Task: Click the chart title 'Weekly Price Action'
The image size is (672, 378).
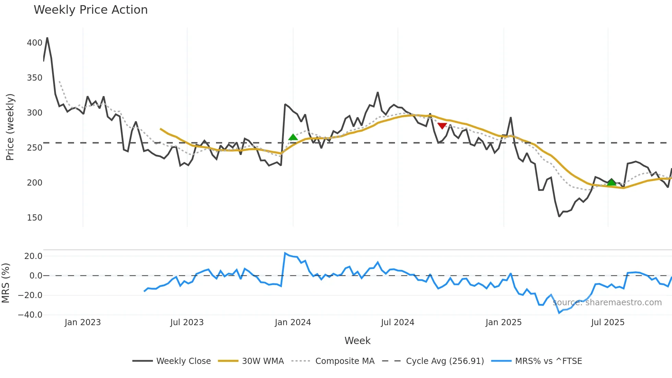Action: click(x=91, y=10)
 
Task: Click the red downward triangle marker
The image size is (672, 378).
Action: click(x=442, y=126)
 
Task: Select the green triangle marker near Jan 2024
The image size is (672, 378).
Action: click(x=293, y=137)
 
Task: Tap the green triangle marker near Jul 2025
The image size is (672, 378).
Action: click(x=611, y=182)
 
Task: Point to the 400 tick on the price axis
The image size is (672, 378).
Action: click(x=35, y=43)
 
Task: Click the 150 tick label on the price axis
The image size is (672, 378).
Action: click(x=35, y=218)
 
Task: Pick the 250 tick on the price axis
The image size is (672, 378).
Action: click(x=35, y=148)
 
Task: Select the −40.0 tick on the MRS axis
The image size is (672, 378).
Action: click(x=30, y=315)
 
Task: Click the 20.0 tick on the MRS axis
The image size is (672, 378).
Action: click(x=33, y=256)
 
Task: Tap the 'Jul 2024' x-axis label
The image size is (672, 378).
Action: click(x=397, y=322)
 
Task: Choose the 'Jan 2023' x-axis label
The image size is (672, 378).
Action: click(x=83, y=322)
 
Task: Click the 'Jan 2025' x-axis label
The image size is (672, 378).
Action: click(x=503, y=322)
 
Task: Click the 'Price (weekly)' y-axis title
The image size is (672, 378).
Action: click(x=10, y=127)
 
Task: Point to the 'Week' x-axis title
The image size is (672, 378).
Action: click(x=357, y=341)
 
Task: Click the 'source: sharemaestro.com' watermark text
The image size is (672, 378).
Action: click(x=607, y=303)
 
